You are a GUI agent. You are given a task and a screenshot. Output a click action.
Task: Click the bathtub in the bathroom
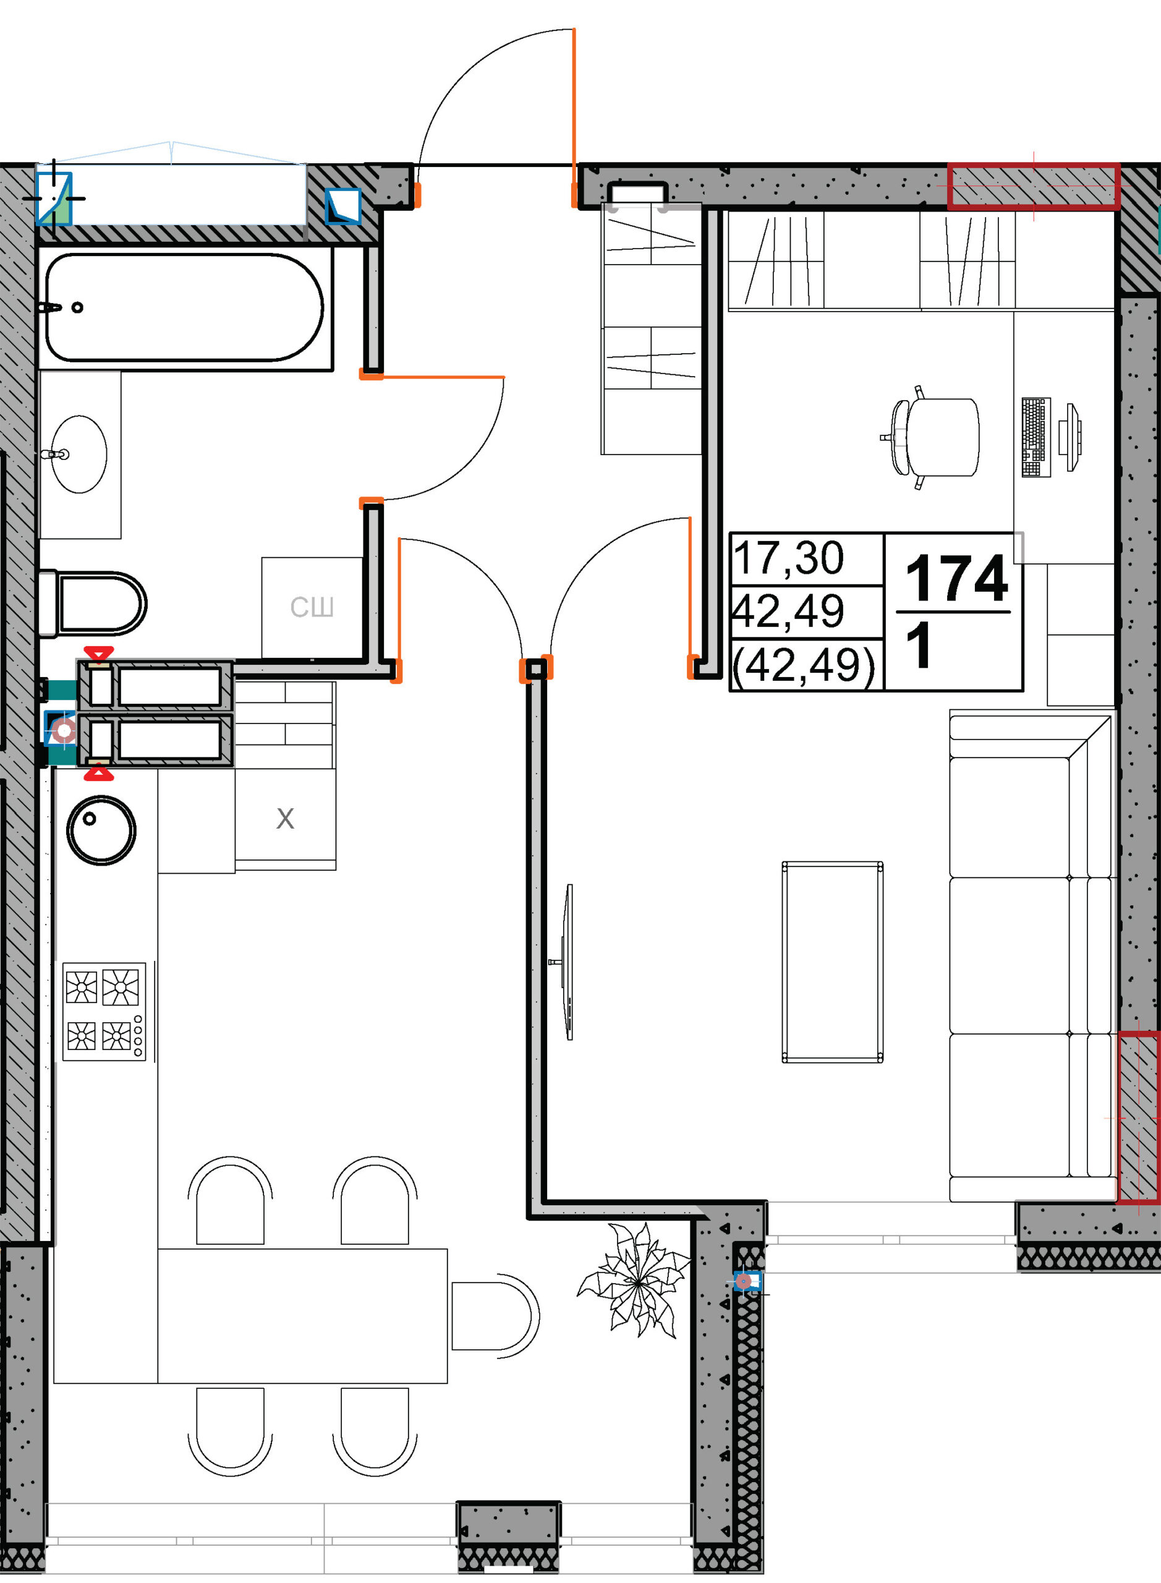click(x=184, y=307)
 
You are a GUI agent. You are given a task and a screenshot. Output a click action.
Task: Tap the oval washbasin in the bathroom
click(x=79, y=454)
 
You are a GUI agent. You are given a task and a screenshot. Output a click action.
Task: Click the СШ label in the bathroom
click(x=312, y=607)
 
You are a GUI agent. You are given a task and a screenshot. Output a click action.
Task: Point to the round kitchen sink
click(x=101, y=830)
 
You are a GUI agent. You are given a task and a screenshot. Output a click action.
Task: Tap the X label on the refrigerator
click(x=284, y=819)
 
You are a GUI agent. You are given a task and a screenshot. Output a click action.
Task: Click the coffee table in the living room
click(x=832, y=962)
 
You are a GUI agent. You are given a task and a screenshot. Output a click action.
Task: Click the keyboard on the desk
click(x=1036, y=437)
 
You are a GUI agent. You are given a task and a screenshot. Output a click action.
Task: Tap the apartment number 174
click(x=956, y=579)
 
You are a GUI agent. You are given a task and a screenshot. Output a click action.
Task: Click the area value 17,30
click(x=788, y=558)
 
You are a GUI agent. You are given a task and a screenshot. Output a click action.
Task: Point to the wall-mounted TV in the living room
click(x=568, y=962)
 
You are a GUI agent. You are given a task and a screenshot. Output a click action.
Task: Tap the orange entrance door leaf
click(x=574, y=117)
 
